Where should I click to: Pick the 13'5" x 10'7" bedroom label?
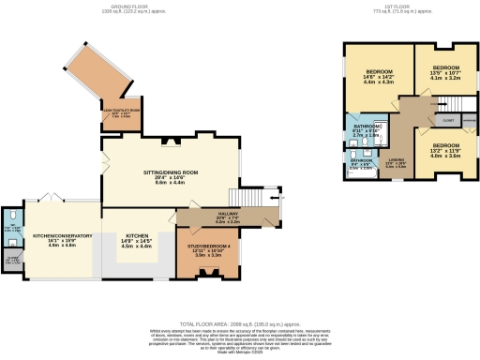444,68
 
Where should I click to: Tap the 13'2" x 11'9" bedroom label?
445,146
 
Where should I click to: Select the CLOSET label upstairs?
448,120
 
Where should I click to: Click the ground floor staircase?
248,198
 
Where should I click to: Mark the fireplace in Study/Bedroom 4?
208,273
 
